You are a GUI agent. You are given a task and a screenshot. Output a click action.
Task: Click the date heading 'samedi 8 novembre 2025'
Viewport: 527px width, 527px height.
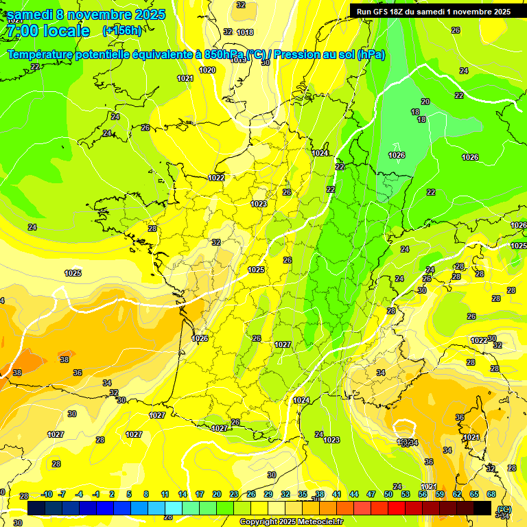86,14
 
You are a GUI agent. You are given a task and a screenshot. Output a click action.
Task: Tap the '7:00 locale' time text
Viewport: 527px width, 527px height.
48,31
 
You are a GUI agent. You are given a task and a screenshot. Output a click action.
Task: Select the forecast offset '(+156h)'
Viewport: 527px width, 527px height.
122,31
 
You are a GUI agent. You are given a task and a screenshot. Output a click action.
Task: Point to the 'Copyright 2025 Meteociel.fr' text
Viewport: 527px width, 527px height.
291,522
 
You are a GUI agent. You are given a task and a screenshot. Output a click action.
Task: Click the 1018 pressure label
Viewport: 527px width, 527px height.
244,32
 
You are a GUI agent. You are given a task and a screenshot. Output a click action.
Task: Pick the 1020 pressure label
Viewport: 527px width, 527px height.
207,70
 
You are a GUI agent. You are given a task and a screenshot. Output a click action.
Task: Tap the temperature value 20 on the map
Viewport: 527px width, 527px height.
425,102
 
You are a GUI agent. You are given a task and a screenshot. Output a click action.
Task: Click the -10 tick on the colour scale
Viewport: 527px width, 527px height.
47,494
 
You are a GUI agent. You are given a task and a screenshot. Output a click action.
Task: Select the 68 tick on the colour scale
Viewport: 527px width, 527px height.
491,494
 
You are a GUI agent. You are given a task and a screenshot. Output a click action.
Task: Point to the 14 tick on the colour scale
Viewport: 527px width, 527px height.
183,494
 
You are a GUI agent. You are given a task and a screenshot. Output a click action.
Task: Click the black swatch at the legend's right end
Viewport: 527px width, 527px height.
482,507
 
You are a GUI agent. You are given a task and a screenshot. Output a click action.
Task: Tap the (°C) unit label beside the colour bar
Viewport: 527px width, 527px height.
504,508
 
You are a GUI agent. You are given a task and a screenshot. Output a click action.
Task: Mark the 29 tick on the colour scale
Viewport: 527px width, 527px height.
268,494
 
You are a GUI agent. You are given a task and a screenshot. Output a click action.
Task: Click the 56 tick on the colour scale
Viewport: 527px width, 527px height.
423,494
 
